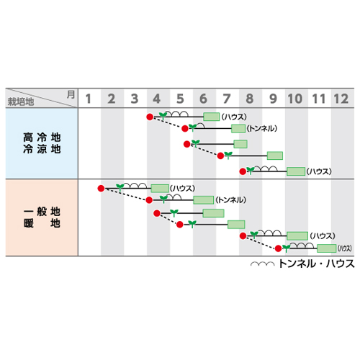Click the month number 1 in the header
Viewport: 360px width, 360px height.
click(x=89, y=99)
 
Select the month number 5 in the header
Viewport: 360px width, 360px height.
click(x=180, y=99)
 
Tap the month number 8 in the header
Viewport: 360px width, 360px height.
click(x=250, y=99)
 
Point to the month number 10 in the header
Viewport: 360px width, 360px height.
click(x=295, y=99)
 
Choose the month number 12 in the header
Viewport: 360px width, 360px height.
click(x=341, y=99)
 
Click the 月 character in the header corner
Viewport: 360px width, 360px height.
click(x=71, y=94)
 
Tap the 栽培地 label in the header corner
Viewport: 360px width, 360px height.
click(x=21, y=102)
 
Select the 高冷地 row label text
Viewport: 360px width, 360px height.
click(x=42, y=138)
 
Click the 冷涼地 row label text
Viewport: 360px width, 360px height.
click(x=42, y=149)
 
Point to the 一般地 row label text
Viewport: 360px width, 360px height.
click(x=42, y=212)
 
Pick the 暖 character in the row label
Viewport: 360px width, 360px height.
click(x=28, y=223)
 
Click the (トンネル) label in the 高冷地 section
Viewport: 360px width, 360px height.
click(x=262, y=128)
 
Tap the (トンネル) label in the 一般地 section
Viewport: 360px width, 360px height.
click(x=230, y=200)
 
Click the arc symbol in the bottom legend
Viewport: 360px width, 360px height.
click(x=263, y=264)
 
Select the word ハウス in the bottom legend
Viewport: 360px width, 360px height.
click(x=340, y=264)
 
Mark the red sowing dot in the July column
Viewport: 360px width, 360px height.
click(x=220, y=156)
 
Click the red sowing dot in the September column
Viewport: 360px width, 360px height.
click(x=278, y=248)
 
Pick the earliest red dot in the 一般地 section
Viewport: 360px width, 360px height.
click(x=101, y=189)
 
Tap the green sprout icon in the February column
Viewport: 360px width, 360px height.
click(x=120, y=187)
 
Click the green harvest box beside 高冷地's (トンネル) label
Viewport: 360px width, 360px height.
click(x=238, y=129)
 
